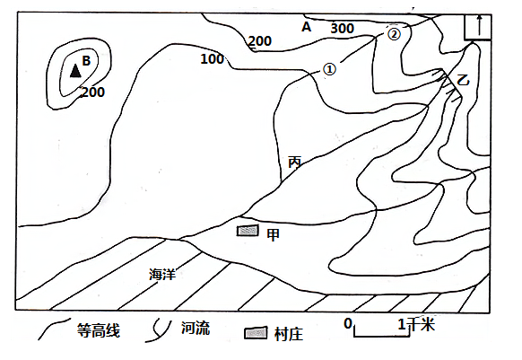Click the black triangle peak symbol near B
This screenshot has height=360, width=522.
coord(75,71)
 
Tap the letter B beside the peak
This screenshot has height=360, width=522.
coord(86,61)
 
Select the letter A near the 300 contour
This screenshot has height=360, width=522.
coord(306,27)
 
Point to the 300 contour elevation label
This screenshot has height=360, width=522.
coord(342,29)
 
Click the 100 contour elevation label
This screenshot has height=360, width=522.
coord(212,59)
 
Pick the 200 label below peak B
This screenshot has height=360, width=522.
coord(93,92)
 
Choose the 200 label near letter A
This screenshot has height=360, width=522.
coord(260,41)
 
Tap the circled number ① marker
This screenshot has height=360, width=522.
coord(329,69)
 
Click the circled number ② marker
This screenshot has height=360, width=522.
coord(394,34)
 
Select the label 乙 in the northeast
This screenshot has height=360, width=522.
coord(463,80)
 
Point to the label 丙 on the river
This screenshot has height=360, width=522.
coord(294,162)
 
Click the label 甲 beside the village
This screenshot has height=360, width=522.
coord(273,234)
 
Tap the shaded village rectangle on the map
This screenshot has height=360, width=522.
coord(248,231)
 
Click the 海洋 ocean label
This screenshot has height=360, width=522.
coord(162,274)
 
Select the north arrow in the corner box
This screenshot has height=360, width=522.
coord(479,25)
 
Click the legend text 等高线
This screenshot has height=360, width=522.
coord(98,330)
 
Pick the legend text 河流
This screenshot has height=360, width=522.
coord(196,328)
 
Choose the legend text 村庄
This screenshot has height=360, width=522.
coord(289,334)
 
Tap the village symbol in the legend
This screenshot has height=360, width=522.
coord(256,333)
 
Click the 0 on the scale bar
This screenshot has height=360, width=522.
coord(348,323)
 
